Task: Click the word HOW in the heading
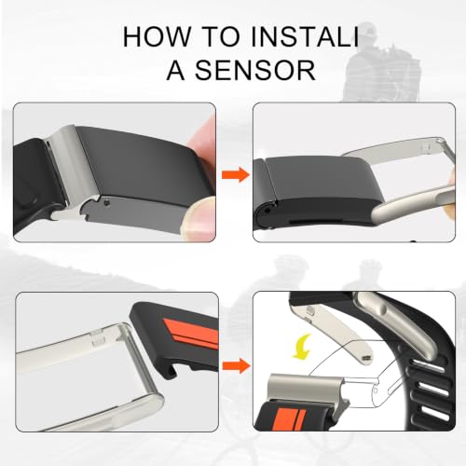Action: tap(156, 37)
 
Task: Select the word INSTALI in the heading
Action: tap(305, 37)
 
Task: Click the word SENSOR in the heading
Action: tap(254, 70)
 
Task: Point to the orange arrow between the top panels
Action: tap(236, 174)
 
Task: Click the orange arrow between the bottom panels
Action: tap(236, 365)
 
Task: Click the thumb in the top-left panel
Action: tap(199, 219)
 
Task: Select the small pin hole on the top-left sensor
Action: tap(107, 203)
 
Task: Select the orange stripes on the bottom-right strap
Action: tap(291, 419)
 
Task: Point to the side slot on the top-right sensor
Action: tap(306, 223)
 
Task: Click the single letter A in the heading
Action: tap(176, 70)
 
